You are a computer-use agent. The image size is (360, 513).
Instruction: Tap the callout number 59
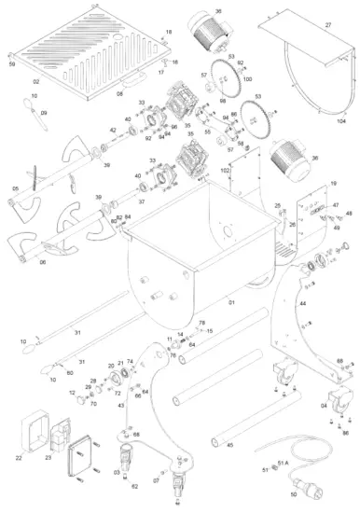[12, 65]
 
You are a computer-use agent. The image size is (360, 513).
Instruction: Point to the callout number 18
[169, 32]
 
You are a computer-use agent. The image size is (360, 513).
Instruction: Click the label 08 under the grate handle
[119, 94]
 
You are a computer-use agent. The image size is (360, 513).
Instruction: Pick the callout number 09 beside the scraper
[43, 113]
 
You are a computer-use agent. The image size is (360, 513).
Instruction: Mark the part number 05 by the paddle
[15, 188]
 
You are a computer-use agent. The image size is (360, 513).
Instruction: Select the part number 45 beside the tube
[230, 445]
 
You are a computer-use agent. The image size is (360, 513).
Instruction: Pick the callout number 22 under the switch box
[19, 457]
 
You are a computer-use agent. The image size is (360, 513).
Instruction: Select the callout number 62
[134, 487]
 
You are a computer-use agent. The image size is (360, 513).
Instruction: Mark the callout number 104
[340, 122]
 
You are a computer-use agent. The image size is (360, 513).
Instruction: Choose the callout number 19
[333, 185]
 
